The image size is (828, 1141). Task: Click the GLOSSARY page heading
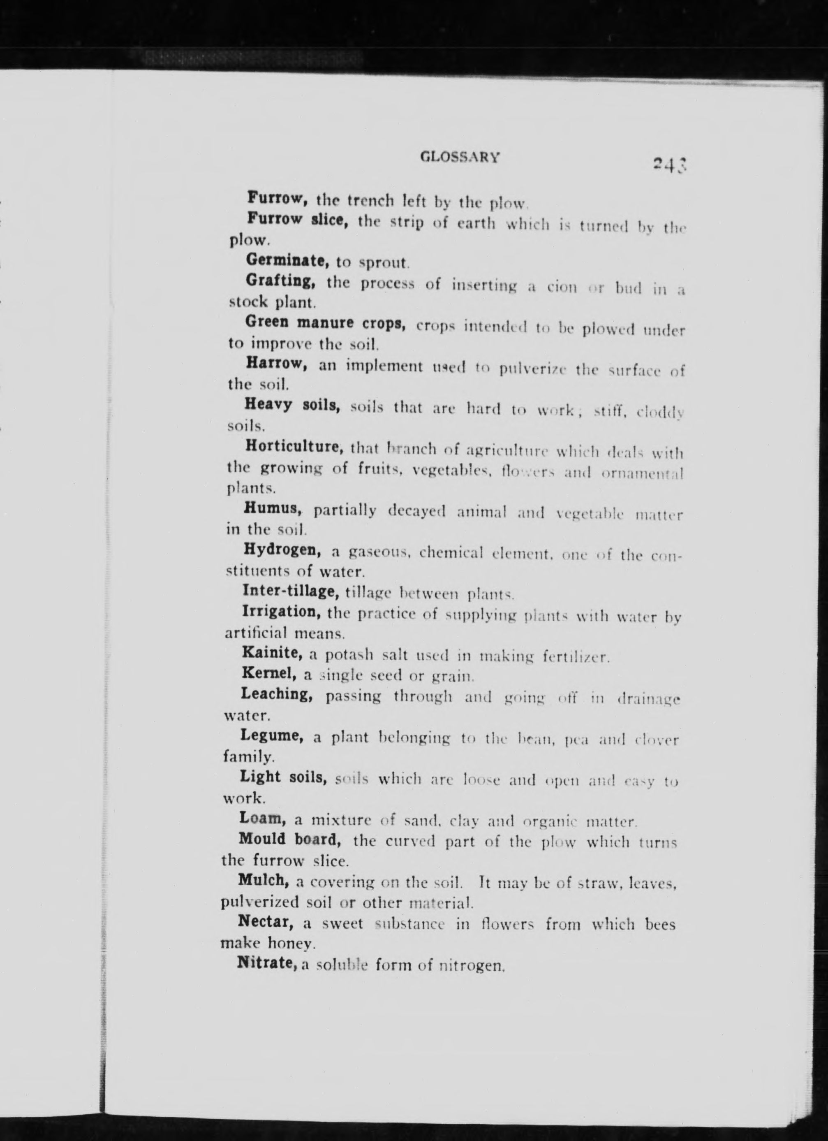pyautogui.click(x=460, y=158)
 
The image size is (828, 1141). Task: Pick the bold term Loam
pyautogui.click(x=263, y=819)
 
